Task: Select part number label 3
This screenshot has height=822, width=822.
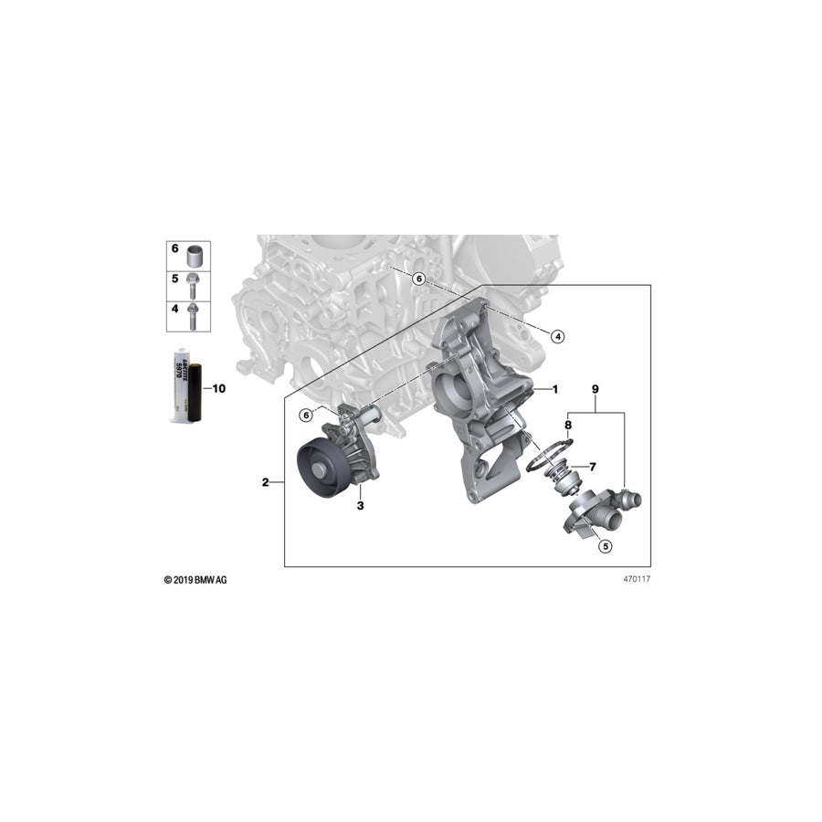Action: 360,504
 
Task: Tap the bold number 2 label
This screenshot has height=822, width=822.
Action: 266,482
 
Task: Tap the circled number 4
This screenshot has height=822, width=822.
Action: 558,336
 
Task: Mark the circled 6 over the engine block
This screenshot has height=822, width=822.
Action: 418,279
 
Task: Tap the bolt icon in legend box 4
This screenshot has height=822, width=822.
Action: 194,315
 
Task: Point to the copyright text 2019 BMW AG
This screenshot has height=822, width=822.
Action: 195,580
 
